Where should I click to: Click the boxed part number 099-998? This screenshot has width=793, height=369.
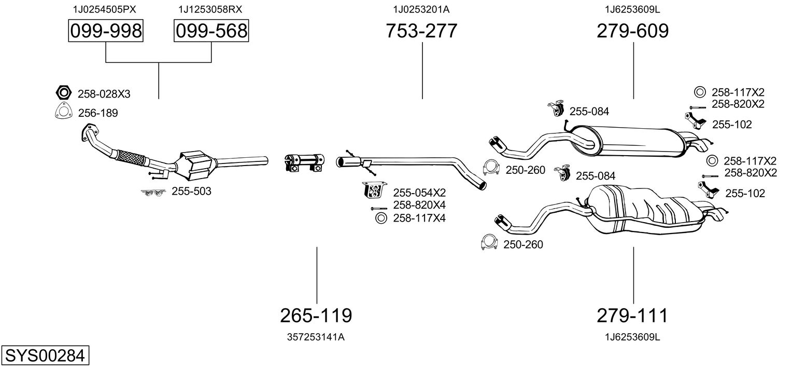click(x=106, y=31)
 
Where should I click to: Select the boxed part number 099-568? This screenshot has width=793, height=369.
click(x=211, y=31)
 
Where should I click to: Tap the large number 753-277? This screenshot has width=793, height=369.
click(x=421, y=31)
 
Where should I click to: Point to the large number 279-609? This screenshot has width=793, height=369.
click(x=632, y=31)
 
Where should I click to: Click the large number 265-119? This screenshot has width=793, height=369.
click(x=316, y=315)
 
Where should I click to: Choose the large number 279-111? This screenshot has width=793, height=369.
click(x=632, y=315)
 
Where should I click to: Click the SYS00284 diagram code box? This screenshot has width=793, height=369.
click(x=45, y=357)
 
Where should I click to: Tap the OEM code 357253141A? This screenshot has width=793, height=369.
click(x=316, y=337)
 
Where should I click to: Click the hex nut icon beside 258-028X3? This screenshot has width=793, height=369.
click(x=63, y=93)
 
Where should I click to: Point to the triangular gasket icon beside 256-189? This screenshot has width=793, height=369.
click(x=63, y=112)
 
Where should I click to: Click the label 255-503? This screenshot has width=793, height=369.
click(x=191, y=192)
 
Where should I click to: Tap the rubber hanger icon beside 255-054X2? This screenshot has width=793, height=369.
click(x=373, y=191)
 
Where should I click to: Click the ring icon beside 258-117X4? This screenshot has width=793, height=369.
click(x=380, y=218)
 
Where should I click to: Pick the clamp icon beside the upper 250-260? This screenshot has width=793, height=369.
click(x=490, y=168)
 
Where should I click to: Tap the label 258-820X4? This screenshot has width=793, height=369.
click(x=420, y=205)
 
